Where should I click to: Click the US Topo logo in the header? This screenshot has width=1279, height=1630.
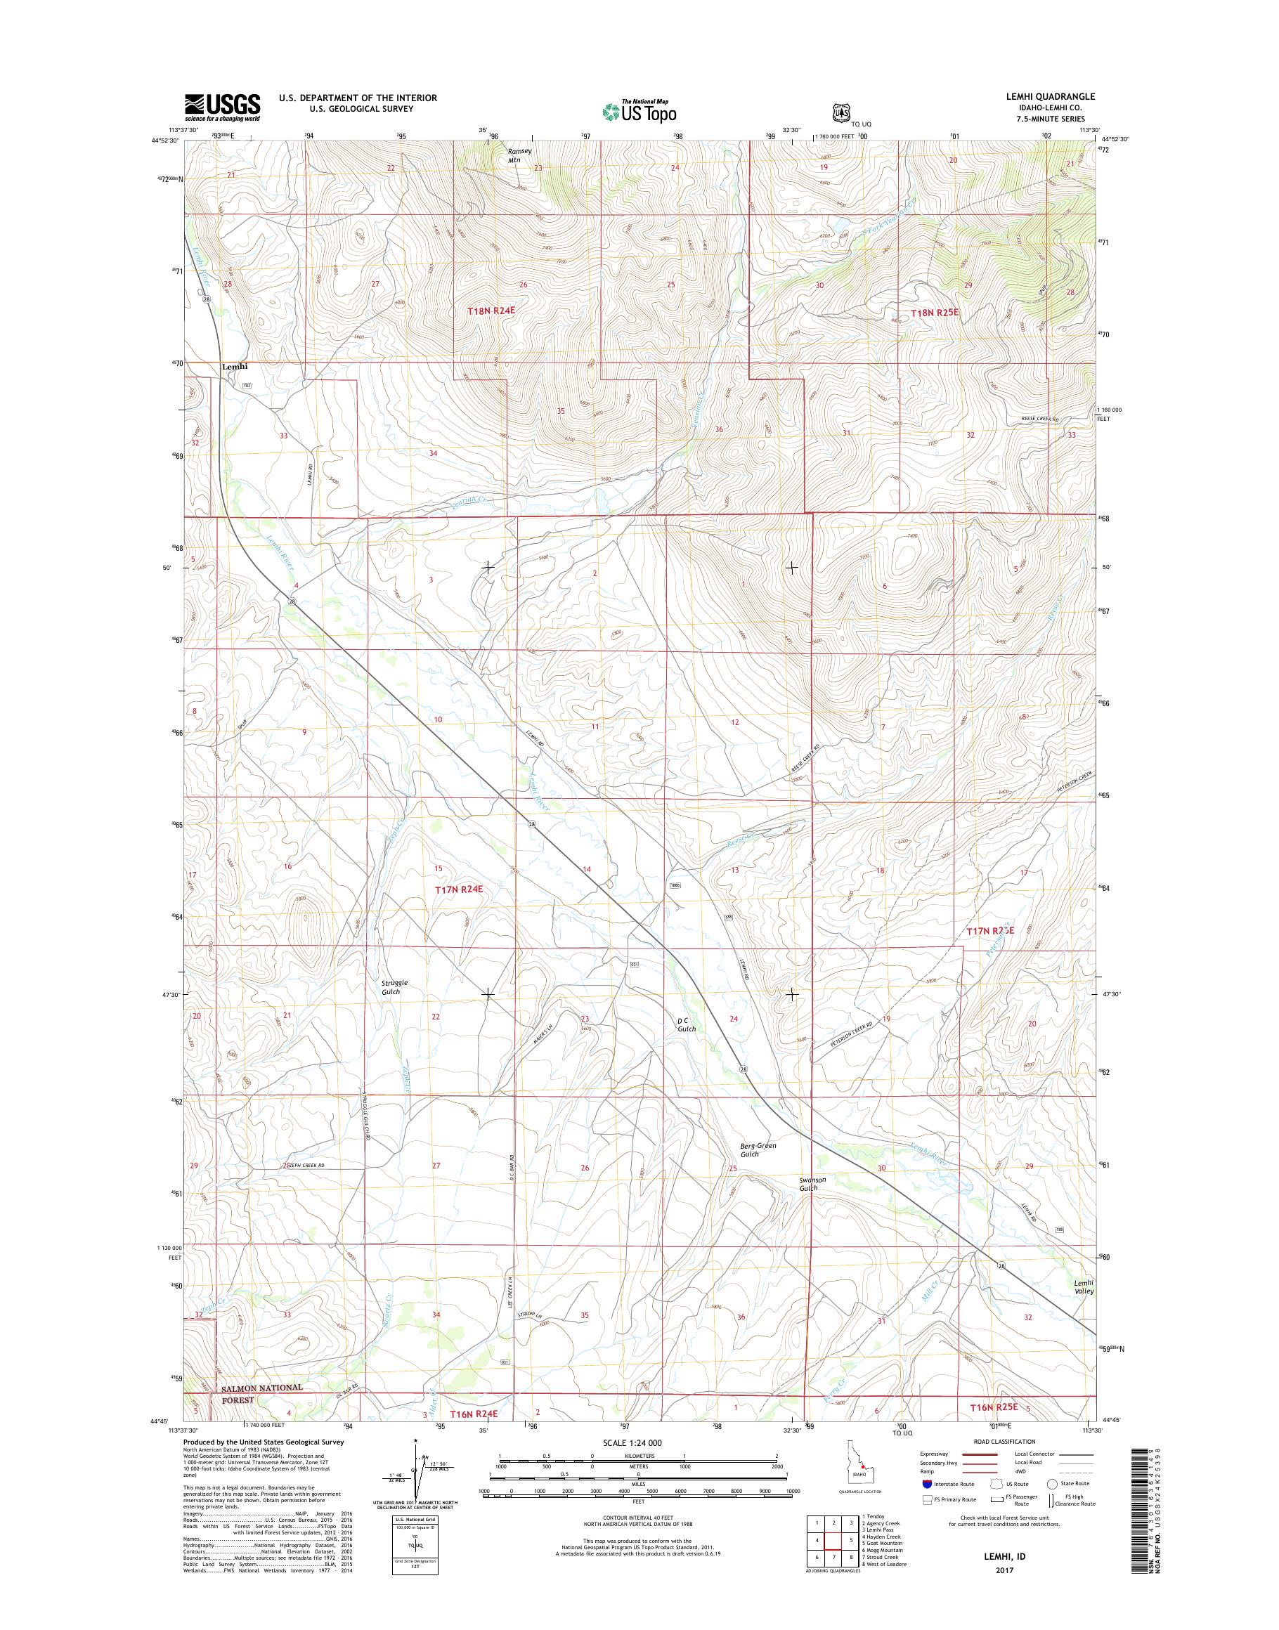point(639,111)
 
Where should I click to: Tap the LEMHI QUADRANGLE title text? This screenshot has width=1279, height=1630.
point(1040,96)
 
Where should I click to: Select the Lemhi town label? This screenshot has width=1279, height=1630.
point(235,367)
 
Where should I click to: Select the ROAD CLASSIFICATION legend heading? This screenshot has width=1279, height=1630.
point(1004,1441)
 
